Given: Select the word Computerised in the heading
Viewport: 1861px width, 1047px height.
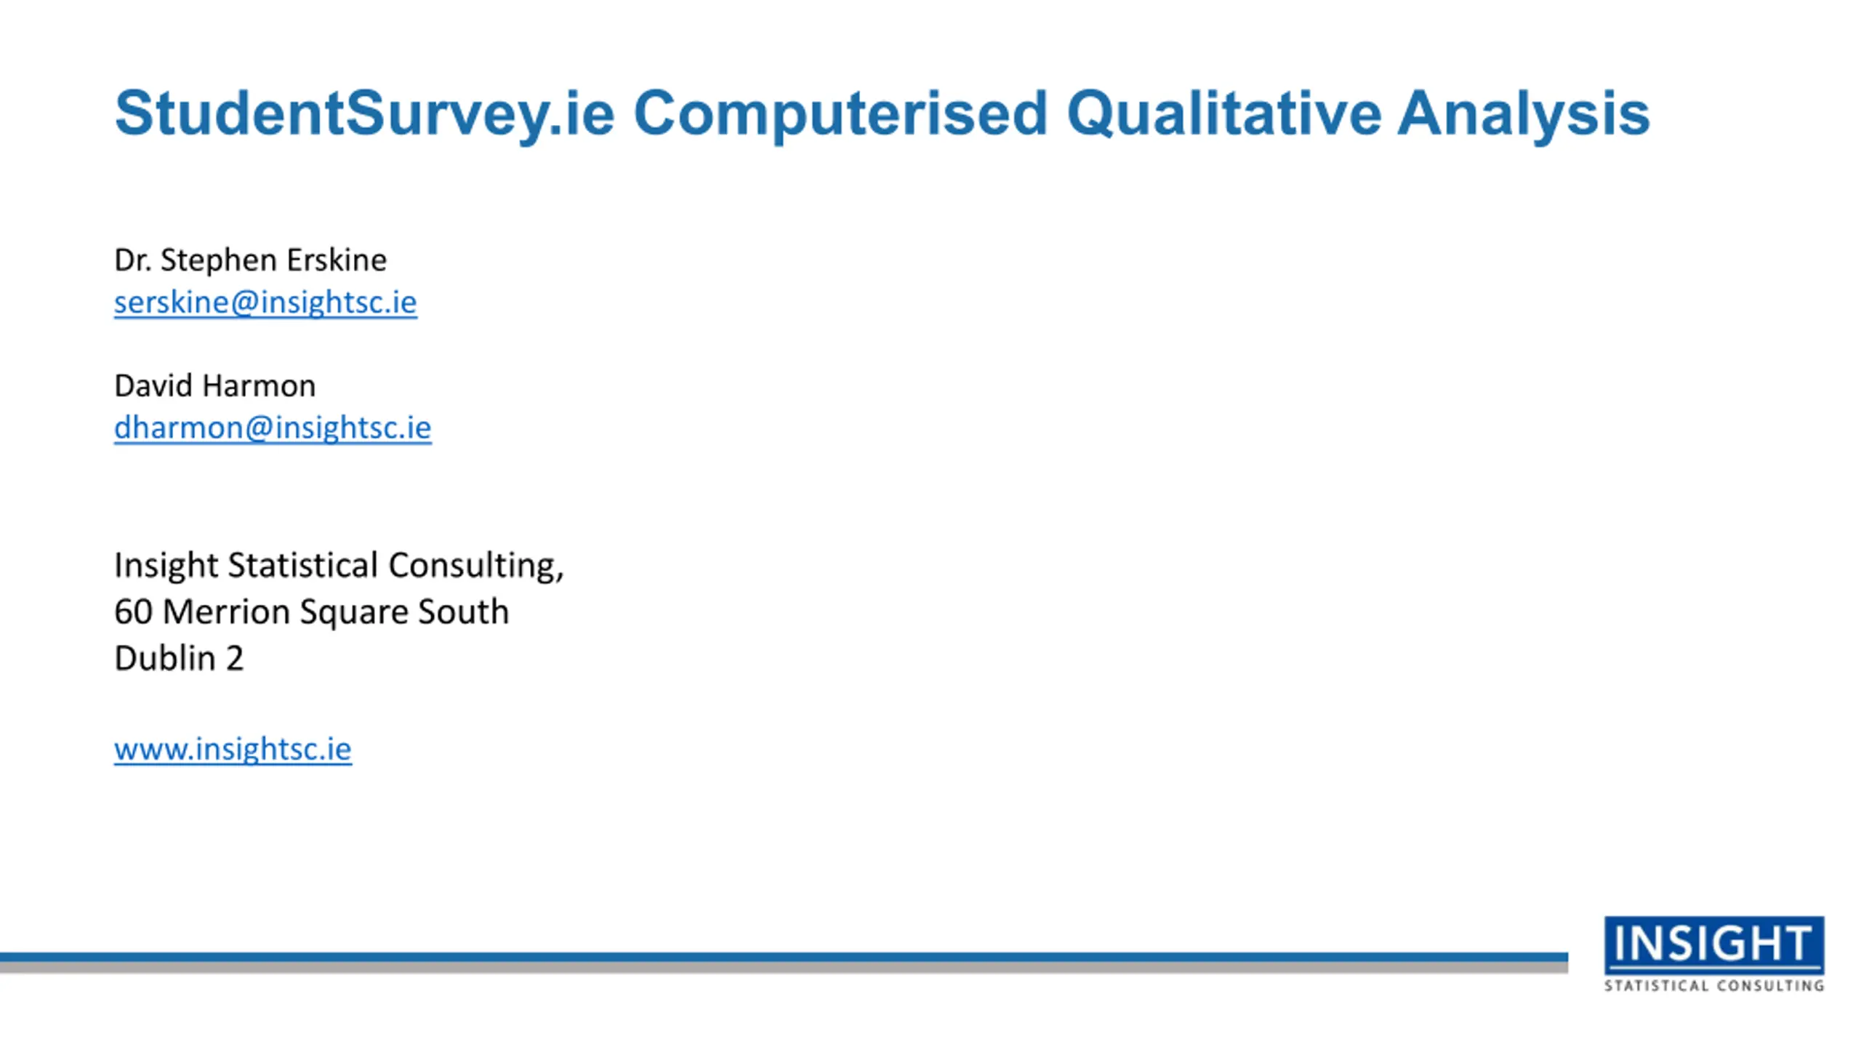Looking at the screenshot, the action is (x=840, y=114).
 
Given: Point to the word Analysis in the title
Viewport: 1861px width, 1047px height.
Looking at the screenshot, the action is (x=1524, y=114).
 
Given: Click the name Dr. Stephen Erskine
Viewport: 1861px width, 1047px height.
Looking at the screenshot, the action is (x=250, y=260).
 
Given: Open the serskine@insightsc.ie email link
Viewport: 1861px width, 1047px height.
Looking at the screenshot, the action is (x=265, y=302).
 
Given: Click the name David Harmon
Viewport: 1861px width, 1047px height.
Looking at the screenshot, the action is (x=215, y=385).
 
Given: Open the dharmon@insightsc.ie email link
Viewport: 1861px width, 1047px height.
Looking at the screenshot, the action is (x=273, y=428).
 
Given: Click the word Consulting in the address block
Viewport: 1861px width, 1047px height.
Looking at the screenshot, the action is (x=475, y=566).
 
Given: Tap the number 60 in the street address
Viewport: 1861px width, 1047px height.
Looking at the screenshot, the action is (x=133, y=611).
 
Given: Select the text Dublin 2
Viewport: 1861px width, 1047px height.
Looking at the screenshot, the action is (x=179, y=658).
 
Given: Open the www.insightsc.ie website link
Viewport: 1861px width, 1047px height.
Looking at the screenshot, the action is (x=233, y=749).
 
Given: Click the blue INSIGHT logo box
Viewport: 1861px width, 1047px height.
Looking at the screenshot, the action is (x=1714, y=944).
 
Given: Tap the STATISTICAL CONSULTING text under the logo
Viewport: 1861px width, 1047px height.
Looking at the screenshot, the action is (x=1714, y=986).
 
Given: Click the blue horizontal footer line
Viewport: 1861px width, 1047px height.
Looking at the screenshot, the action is (x=784, y=958).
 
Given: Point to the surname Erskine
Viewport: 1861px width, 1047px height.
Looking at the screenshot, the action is (x=336, y=260).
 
